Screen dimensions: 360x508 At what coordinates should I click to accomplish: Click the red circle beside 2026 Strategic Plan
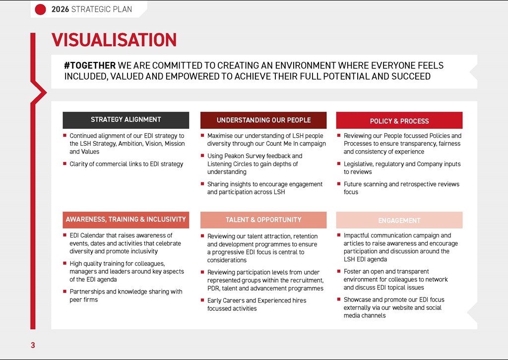(41, 9)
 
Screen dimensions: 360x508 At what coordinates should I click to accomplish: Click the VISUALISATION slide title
(114, 40)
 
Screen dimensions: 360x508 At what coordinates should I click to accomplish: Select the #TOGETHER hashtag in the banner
(90, 65)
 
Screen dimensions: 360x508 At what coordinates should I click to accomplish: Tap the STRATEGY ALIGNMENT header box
(126, 120)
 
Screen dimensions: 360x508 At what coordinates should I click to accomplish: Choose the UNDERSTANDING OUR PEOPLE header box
(263, 120)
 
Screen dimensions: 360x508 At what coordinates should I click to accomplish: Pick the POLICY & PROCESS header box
(399, 121)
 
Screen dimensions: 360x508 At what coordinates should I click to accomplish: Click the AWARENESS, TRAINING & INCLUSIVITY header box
(126, 220)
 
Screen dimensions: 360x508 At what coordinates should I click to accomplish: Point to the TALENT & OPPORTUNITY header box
(263, 220)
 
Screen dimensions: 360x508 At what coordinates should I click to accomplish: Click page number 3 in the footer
(33, 346)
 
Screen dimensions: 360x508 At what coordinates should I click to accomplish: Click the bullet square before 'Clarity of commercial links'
(65, 164)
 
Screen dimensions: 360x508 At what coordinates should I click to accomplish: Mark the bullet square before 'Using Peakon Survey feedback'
(202, 156)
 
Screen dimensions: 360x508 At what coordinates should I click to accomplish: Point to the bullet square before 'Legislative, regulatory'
(339, 164)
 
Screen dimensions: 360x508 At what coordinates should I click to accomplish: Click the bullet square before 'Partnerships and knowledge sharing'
(65, 292)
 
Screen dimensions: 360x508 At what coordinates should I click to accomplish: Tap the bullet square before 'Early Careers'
(202, 300)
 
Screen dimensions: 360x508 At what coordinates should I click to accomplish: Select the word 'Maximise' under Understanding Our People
(220, 136)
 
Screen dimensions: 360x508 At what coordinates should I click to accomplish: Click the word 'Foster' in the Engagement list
(352, 272)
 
